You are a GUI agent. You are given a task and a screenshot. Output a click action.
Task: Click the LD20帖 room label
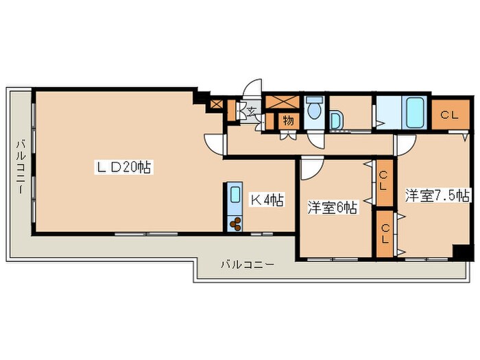[123, 167]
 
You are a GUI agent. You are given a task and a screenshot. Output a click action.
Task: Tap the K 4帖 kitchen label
[267, 200]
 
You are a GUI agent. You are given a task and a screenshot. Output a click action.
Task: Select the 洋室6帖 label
[332, 208]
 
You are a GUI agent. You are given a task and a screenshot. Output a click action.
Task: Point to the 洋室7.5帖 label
[437, 195]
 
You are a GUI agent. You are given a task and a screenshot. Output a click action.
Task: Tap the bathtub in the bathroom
[415, 112]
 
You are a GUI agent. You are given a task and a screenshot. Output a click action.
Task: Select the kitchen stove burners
[235, 224]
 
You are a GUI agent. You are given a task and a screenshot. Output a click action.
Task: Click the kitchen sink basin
[235, 194]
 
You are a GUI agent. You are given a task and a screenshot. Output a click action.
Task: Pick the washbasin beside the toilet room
[336, 120]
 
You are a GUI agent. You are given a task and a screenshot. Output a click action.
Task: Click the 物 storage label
[288, 121]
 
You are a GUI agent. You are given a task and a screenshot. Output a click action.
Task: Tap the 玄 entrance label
[252, 111]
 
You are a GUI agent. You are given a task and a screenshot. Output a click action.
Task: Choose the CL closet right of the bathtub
[450, 115]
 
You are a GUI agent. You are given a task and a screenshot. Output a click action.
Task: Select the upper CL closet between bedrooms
[384, 183]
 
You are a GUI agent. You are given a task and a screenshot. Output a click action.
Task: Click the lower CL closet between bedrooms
[385, 234]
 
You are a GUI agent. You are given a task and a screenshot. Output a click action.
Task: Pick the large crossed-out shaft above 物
[282, 102]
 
